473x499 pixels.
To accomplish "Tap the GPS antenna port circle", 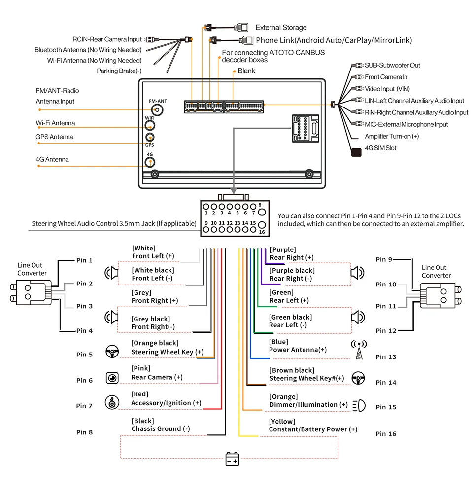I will click(150, 138).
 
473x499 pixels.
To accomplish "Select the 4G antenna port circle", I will click(150, 161).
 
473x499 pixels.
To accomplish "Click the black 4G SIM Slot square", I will click(355, 152).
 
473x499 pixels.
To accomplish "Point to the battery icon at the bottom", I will click(232, 460).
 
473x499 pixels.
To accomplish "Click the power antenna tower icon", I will click(359, 350).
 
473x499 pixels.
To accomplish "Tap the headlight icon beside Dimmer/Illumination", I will click(359, 405).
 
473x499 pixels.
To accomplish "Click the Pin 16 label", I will click(386, 434).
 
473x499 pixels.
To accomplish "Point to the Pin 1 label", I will click(84, 260).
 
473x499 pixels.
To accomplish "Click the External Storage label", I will click(281, 28).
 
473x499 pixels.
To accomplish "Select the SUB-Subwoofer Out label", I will click(392, 65).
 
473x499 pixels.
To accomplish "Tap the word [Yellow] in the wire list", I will click(282, 422).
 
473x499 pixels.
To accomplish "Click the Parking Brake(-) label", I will click(119, 71).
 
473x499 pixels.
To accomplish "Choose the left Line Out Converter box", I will click(31, 292).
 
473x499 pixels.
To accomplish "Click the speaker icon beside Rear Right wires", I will click(357, 272).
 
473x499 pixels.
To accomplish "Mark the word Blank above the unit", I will click(246, 71).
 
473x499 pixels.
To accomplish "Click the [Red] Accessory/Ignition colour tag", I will click(139, 394).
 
